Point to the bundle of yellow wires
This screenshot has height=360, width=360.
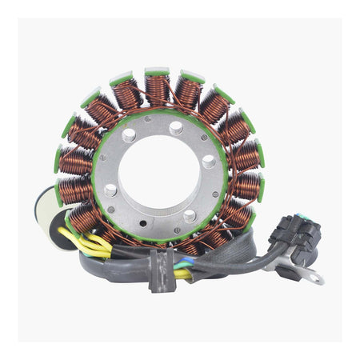point(94,246)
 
